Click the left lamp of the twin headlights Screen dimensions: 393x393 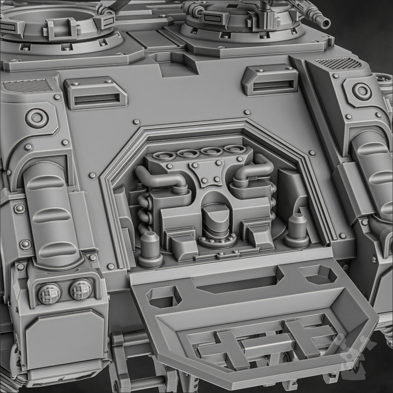pos(50,294)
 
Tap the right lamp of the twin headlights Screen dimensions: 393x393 pos(81,289)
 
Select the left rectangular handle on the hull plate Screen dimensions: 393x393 pos(96,93)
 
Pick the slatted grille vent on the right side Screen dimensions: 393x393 pos(339,63)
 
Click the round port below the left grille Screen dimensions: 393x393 pos(37,117)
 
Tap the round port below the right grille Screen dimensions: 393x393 pos(361,91)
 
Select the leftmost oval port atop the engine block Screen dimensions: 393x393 pos(164,156)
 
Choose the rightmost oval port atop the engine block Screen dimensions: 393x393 pos(235,149)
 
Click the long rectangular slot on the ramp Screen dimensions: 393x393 pos(236,283)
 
